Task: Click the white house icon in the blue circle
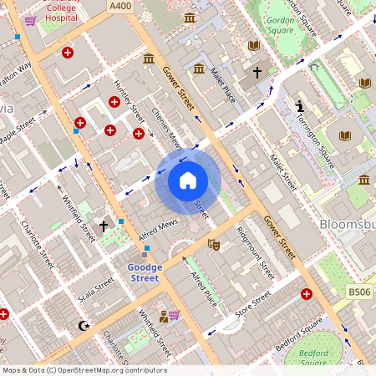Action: pos(188,180)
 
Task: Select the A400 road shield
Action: pos(119,5)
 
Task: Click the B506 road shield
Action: pos(359,292)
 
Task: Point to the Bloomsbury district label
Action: pos(347,224)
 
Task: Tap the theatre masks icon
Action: pos(213,245)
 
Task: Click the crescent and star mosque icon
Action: pos(82,325)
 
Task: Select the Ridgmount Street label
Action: pos(256,252)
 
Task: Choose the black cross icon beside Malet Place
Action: pos(257,73)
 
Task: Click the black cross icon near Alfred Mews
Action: pos(104,226)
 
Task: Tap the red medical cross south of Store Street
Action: pos(307,295)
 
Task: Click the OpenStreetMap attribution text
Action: pos(84,370)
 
